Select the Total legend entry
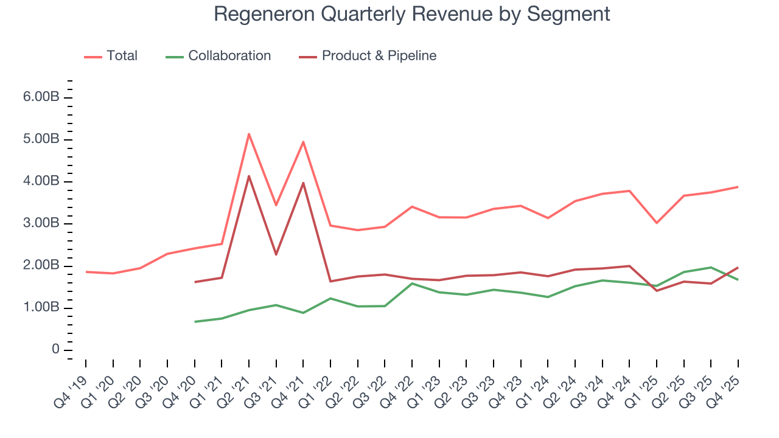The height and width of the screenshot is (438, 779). pos(122,56)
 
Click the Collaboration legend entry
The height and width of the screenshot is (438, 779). pos(229,56)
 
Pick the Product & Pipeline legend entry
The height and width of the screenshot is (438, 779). pos(379,56)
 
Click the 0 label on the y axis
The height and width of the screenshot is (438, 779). pos(55,350)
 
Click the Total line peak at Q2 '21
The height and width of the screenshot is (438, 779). pos(249,134)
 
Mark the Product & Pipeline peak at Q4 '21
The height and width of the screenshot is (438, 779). pos(303,182)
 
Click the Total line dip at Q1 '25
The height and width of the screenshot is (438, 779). pos(657,223)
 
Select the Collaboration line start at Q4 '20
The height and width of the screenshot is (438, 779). pos(195,322)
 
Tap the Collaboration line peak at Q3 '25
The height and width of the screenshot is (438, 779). pos(711,267)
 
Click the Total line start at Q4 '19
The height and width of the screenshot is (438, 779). pos(86,271)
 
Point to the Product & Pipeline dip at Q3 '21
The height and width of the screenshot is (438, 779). pos(276,254)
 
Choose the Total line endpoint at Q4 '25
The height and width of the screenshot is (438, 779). pos(738,187)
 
